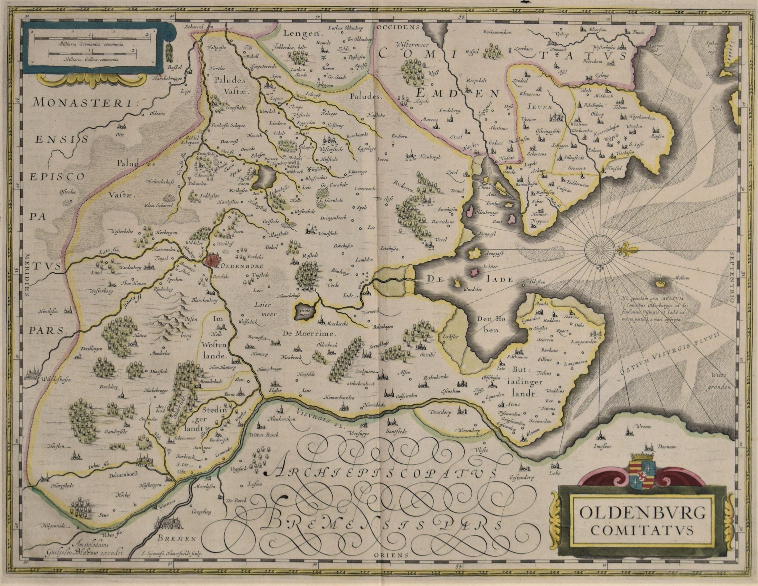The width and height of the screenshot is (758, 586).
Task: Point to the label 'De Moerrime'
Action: (310, 334)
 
